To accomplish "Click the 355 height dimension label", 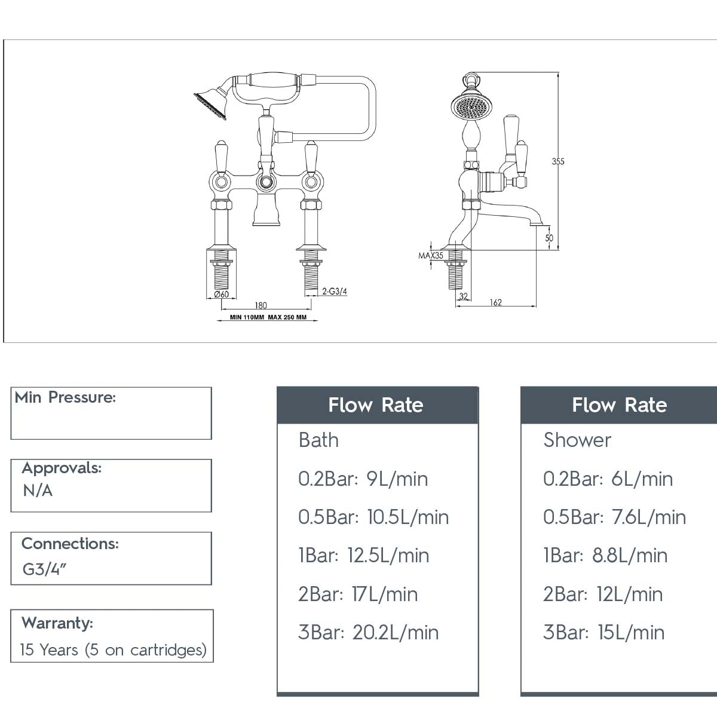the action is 557,161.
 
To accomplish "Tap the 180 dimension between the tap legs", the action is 261,305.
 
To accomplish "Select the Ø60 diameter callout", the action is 222,295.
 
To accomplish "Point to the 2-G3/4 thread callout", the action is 335,291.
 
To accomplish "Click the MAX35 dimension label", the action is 431,256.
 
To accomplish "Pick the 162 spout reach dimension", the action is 496,302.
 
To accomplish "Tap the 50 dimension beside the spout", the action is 549,238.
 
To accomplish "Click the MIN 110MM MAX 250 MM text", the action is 268,317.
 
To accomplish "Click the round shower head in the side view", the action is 471,106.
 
